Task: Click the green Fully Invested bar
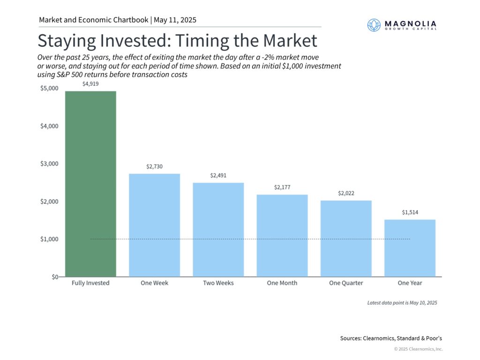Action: tap(90, 184)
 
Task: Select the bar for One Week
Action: tap(154, 225)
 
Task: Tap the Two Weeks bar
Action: tap(218, 230)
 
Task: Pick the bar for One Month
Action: tap(282, 236)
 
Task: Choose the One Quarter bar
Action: tap(346, 239)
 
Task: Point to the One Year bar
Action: tap(410, 248)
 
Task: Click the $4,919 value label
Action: tap(90, 84)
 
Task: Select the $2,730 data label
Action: tap(154, 166)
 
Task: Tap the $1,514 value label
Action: tap(410, 212)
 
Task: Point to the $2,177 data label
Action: tap(282, 187)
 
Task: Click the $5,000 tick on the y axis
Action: tap(49, 89)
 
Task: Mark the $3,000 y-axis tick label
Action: tap(49, 164)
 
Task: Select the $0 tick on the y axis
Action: tap(55, 277)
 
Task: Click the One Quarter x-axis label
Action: tap(346, 283)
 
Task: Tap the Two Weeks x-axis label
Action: tap(218, 283)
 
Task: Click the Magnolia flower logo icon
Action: tap(374, 25)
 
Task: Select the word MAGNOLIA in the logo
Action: tap(411, 23)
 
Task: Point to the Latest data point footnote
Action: tap(402, 303)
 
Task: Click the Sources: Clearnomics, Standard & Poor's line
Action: tap(391, 338)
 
